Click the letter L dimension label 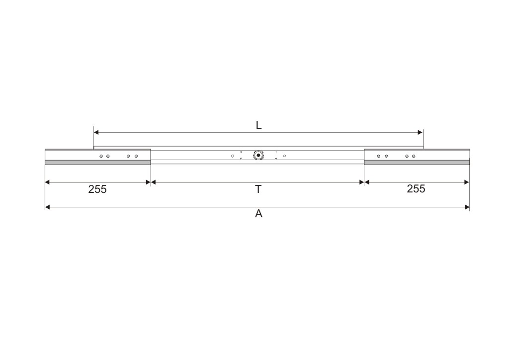tap(258, 125)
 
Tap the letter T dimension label tap(258, 189)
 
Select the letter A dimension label tap(258, 214)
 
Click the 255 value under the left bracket tap(97, 189)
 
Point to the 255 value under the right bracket tap(416, 188)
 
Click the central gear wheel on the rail tap(258, 156)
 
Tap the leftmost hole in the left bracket tap(101, 156)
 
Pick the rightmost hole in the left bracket tap(136, 156)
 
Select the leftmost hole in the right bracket tap(378, 156)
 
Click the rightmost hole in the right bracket tap(414, 156)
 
